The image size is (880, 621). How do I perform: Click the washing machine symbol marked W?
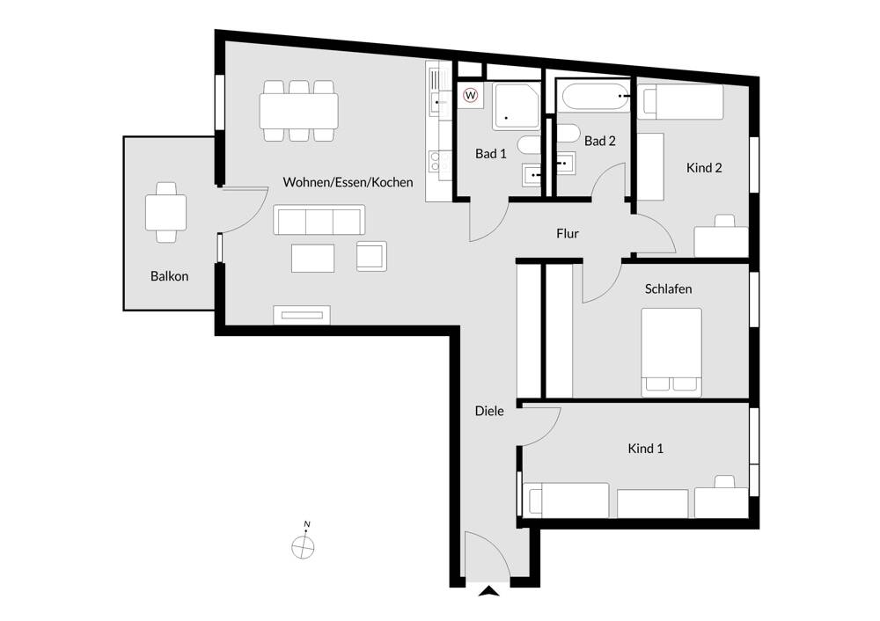click(471, 95)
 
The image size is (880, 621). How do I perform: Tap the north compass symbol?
click(303, 544)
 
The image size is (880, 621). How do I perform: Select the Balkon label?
click(169, 276)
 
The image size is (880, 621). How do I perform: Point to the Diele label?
click(489, 411)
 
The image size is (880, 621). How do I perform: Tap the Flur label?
click(568, 234)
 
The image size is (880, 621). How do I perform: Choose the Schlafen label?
click(668, 289)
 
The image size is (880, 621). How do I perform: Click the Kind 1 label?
click(645, 449)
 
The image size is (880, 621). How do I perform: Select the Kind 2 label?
click(704, 167)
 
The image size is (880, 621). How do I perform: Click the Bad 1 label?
click(491, 153)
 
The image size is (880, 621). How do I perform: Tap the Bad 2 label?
click(599, 141)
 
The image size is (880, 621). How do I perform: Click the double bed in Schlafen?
click(671, 350)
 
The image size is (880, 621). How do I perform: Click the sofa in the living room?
click(319, 220)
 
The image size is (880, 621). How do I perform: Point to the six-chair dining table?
click(298, 111)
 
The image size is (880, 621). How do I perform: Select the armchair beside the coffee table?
click(370, 255)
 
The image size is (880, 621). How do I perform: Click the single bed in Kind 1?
click(568, 500)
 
